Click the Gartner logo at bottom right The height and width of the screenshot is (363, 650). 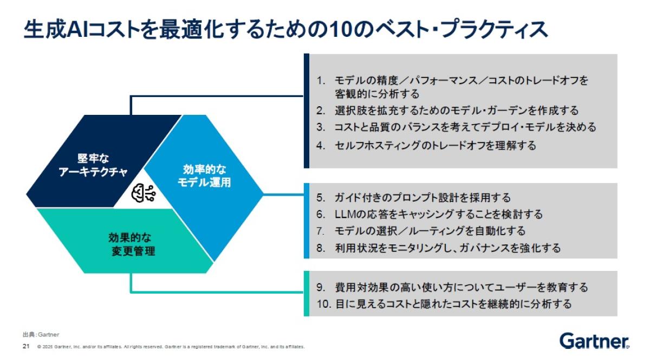coord(594,341)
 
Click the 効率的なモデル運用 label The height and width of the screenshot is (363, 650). coord(204,175)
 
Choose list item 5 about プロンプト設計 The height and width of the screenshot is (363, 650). coord(414,198)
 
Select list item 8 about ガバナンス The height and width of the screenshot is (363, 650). coord(439,248)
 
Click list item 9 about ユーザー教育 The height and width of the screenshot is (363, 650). coord(452,287)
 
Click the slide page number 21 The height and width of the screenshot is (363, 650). coord(25,346)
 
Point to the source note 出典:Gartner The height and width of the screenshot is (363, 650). coord(41,334)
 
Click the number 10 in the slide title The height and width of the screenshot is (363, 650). coord(329,30)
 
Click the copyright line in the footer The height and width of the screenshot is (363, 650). coord(171,346)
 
